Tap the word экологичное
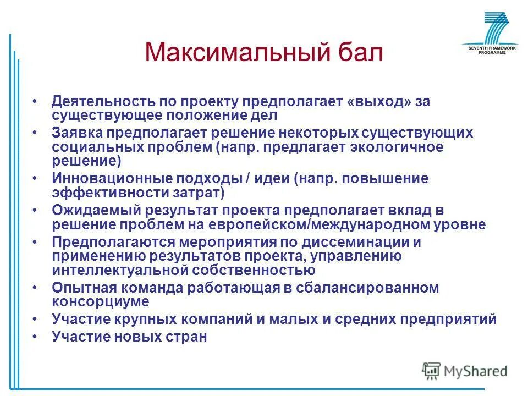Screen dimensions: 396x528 pyautogui.click(x=399, y=147)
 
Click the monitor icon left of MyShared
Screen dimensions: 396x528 pyautogui.click(x=431, y=371)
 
